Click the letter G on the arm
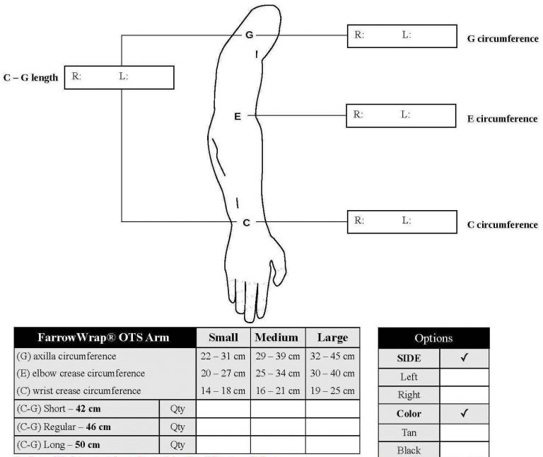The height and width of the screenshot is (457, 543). click(x=249, y=35)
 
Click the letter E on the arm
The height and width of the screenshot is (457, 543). click(x=238, y=115)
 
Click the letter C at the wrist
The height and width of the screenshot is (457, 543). click(x=246, y=223)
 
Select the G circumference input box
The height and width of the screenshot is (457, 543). click(x=401, y=36)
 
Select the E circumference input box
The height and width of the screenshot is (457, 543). click(x=400, y=115)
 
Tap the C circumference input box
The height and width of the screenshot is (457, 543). click(x=401, y=221)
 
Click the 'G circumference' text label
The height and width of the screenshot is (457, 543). click(x=503, y=39)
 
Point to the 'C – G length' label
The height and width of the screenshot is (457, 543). click(x=31, y=78)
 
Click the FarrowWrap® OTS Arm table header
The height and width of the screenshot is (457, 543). click(x=104, y=337)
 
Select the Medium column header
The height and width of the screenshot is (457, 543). click(x=277, y=337)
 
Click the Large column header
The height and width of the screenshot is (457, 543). click(x=332, y=337)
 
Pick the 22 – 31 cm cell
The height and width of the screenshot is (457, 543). click(x=223, y=356)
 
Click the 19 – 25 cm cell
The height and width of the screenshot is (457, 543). click(x=332, y=390)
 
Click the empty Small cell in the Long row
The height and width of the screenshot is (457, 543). click(x=223, y=445)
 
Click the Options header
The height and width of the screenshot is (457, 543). click(x=433, y=338)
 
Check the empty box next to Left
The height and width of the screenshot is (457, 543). click(x=464, y=377)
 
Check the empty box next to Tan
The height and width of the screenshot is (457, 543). click(x=464, y=432)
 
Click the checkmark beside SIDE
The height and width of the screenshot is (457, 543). click(x=464, y=359)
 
